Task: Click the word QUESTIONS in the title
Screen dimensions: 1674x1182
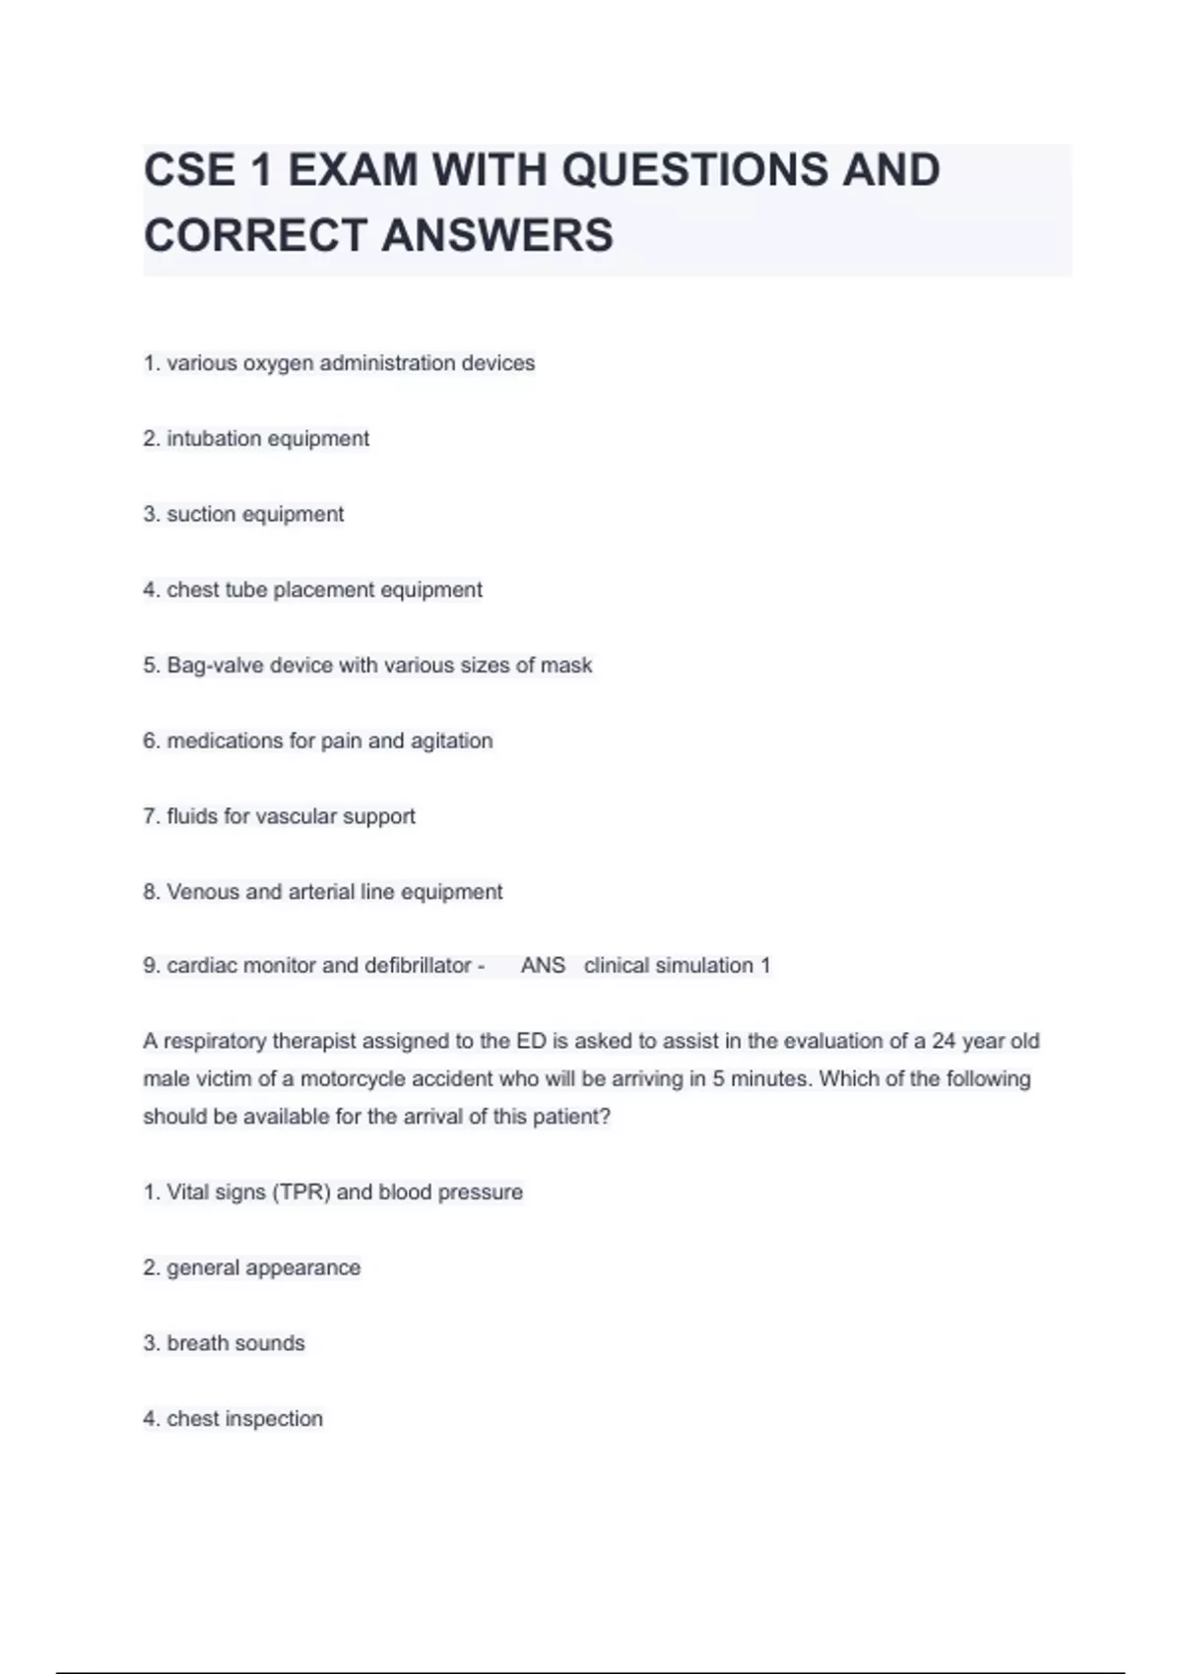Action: (694, 170)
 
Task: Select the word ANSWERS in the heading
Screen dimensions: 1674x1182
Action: (497, 235)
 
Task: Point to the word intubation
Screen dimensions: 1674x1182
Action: (214, 439)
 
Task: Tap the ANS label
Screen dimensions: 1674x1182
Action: (543, 966)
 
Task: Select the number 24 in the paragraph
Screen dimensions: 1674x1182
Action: (944, 1041)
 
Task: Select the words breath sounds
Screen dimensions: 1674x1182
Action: (235, 1343)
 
